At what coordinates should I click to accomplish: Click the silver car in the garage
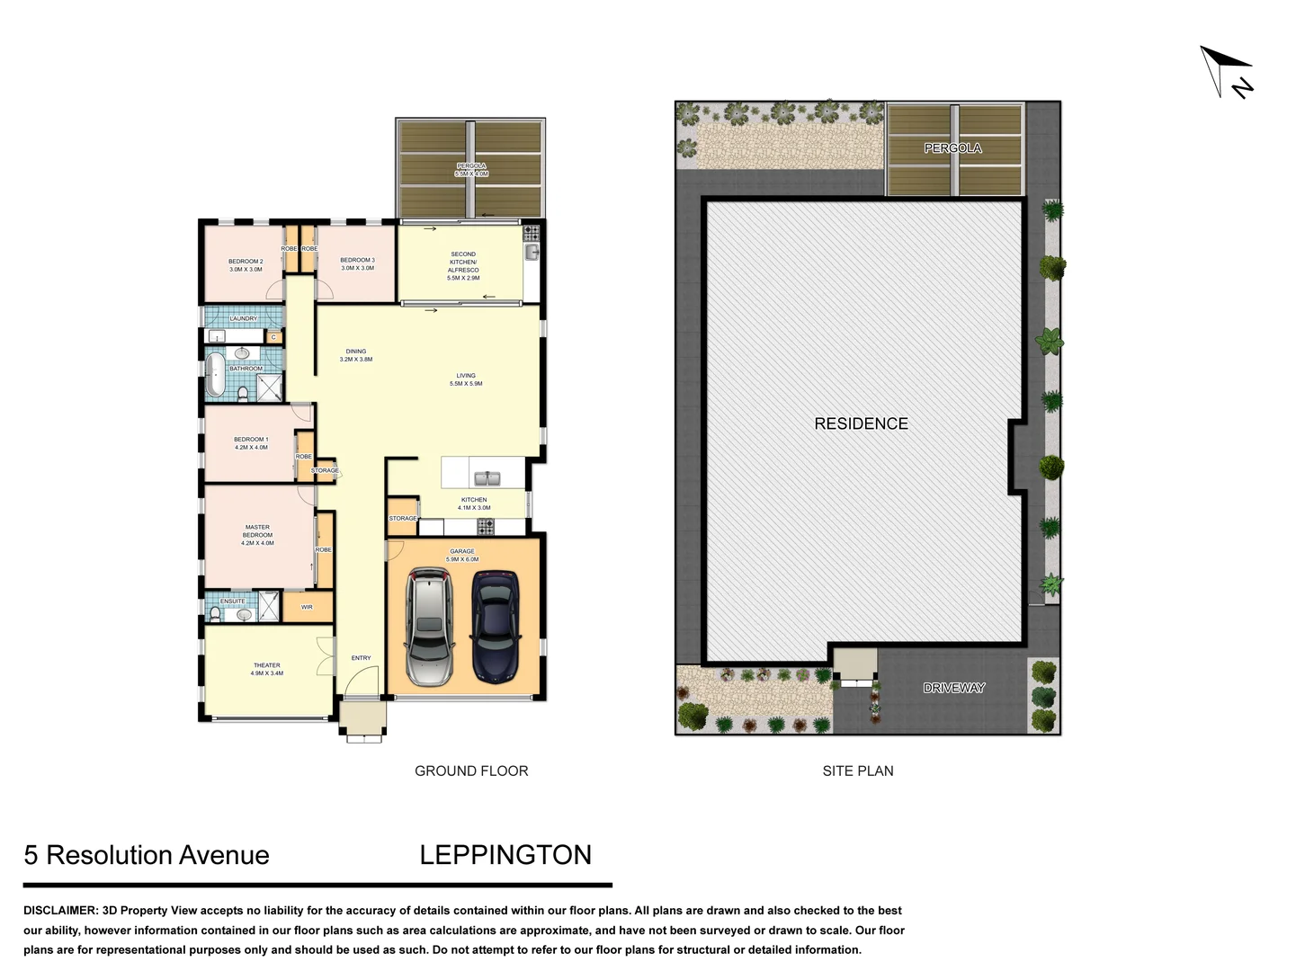(428, 628)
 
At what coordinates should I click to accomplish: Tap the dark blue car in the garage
(495, 626)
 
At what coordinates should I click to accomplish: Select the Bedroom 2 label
(246, 265)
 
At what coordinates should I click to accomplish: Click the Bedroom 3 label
(357, 264)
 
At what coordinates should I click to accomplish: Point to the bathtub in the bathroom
(216, 375)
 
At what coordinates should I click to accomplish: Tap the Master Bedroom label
(257, 535)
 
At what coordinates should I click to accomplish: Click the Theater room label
(267, 669)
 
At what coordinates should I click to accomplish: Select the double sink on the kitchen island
(487, 477)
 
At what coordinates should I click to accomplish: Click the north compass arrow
(1227, 70)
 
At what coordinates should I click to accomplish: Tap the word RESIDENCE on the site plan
(861, 423)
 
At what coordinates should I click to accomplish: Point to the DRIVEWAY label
(953, 688)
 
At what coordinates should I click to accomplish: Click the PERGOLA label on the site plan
(952, 148)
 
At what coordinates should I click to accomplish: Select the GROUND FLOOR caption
(471, 771)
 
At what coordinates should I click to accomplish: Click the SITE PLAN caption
(858, 771)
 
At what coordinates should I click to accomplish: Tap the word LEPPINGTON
(505, 854)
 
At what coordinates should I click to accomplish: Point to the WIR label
(307, 608)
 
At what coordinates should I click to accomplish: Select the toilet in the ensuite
(214, 614)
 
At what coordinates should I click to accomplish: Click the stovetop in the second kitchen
(531, 232)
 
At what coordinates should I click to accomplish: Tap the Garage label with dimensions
(462, 556)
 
